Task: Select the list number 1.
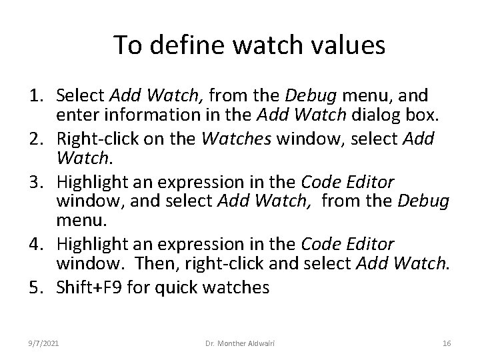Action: coord(37,97)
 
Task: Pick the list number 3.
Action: coord(37,183)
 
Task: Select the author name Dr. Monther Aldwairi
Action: coord(239,343)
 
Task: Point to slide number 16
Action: coord(447,343)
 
